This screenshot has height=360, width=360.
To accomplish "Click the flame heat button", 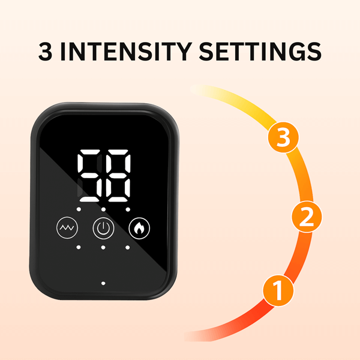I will pos(140,228).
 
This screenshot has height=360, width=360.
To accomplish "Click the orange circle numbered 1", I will pos(278,291).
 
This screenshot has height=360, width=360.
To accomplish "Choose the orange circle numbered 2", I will pos(306,217).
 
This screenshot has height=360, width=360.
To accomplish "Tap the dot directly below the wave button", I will pos(78,247).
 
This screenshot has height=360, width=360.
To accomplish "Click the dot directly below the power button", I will pos(103,247).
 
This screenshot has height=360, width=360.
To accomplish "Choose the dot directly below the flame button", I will pos(128,247).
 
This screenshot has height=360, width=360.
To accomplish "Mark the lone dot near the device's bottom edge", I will pos(103,281).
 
